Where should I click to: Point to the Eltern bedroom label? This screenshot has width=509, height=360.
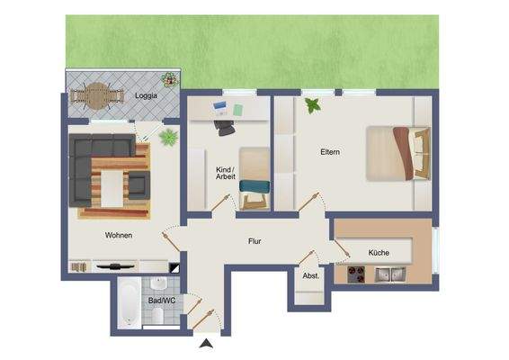point(330,152)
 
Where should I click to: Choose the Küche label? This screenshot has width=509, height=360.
point(379,253)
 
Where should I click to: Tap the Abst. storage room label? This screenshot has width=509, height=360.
point(311,276)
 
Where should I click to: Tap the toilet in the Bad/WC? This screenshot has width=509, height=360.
point(156,314)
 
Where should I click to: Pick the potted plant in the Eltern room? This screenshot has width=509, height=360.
point(312,106)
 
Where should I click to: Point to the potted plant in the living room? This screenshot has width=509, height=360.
point(166,138)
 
